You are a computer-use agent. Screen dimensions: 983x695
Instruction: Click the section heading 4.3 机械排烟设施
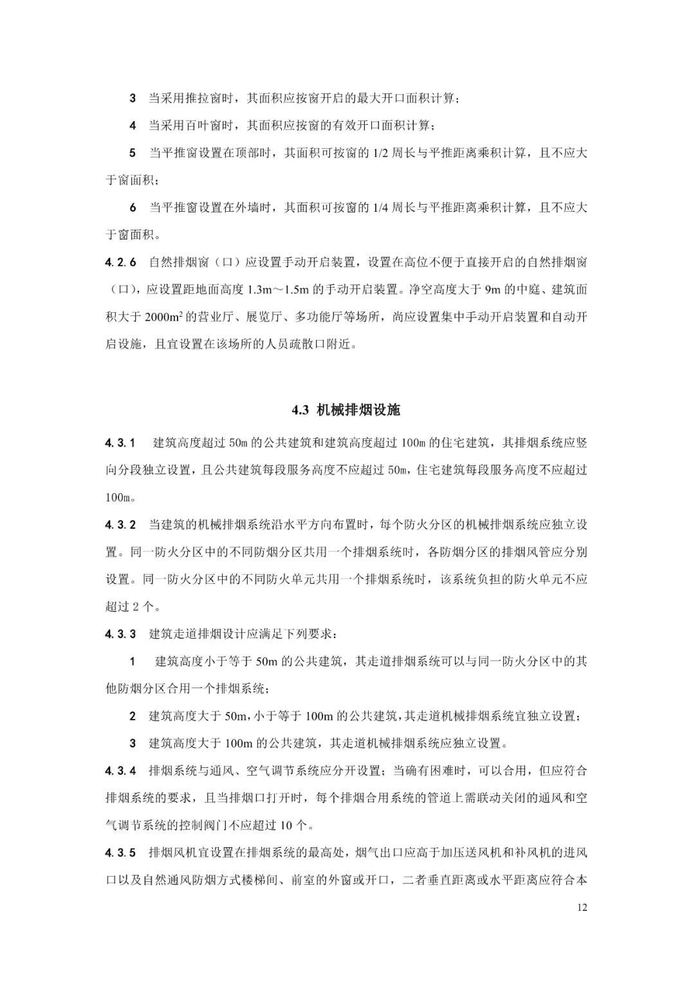click(347, 410)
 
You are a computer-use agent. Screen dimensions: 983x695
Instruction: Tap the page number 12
click(582, 908)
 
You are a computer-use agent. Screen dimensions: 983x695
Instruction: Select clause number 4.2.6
click(121, 263)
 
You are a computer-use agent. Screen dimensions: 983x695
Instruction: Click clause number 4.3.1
click(121, 443)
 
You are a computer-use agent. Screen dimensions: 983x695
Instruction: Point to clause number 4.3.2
click(121, 525)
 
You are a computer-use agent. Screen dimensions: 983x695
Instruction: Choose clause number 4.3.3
click(121, 634)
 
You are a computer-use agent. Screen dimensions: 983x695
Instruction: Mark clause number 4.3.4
click(121, 771)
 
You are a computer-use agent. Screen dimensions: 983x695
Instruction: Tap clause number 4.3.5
click(121, 853)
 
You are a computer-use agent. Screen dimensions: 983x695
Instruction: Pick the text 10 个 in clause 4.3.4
click(297, 825)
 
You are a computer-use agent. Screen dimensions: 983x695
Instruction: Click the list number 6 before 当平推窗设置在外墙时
click(133, 208)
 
